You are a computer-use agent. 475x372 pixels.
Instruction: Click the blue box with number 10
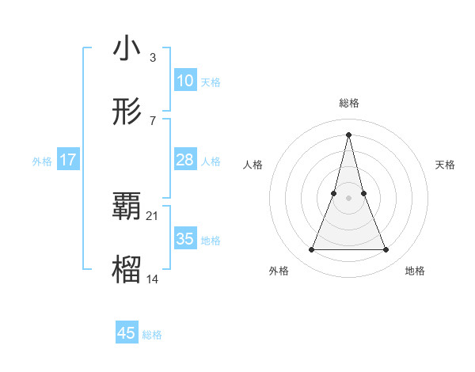pyautogui.click(x=185, y=81)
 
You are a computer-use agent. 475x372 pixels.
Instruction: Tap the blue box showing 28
pyautogui.click(x=185, y=160)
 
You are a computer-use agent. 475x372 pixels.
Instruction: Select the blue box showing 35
pyautogui.click(x=185, y=239)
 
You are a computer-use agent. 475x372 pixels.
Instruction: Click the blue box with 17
pyautogui.click(x=68, y=160)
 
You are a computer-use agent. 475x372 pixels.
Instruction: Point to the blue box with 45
pyautogui.click(x=127, y=333)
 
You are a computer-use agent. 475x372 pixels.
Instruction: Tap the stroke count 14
pyautogui.click(x=153, y=279)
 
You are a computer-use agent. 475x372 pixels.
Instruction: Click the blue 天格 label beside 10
pyautogui.click(x=211, y=82)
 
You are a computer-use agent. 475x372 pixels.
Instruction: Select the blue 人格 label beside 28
pyautogui.click(x=211, y=161)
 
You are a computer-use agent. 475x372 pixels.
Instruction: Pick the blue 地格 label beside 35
pyautogui.click(x=211, y=241)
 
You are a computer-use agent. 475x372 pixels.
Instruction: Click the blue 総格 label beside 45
pyautogui.click(x=152, y=335)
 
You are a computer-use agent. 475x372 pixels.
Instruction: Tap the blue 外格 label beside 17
pyautogui.click(x=42, y=161)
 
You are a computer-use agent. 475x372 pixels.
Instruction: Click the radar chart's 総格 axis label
pyautogui.click(x=349, y=103)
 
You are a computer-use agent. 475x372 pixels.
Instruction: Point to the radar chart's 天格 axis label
pyautogui.click(x=446, y=165)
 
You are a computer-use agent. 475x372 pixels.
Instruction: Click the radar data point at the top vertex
pyautogui.click(x=349, y=134)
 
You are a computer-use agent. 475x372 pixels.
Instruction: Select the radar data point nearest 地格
pyautogui.click(x=386, y=250)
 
